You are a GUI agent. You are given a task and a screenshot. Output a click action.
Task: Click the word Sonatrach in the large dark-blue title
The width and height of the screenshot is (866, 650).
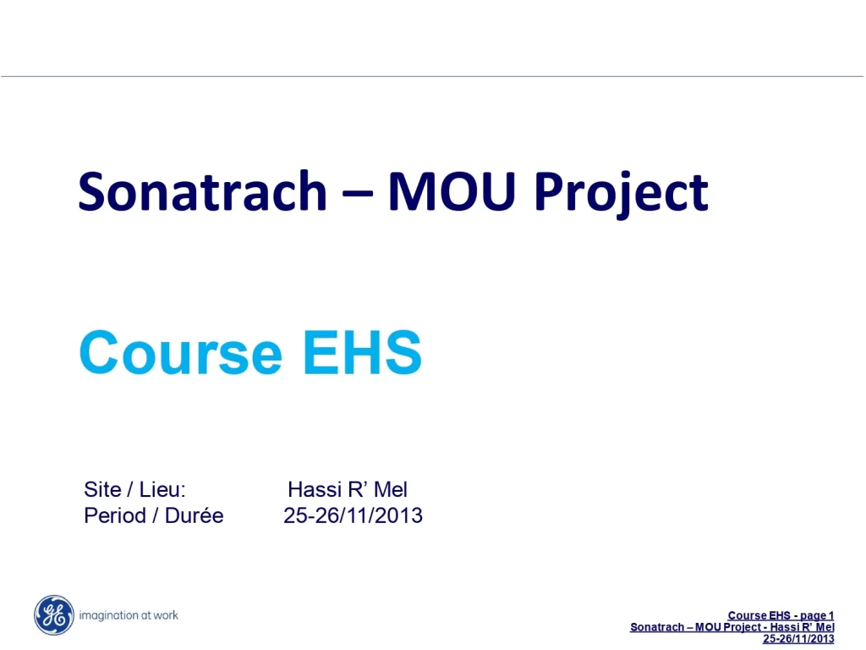203,191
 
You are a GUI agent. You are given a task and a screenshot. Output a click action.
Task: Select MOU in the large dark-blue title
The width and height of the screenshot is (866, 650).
452,191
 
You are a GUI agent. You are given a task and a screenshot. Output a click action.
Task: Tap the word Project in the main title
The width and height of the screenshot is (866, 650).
621,194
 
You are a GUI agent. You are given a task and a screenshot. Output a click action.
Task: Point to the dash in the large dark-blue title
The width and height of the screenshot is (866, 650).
358,195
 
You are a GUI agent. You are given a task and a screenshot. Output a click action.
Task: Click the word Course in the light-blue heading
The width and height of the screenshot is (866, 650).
181,352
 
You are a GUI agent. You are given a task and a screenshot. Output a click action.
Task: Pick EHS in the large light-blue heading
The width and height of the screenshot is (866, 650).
362,352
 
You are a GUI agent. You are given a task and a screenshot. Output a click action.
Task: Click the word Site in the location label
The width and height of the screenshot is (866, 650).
102,489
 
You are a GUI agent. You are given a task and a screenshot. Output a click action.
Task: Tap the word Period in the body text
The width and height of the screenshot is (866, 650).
115,515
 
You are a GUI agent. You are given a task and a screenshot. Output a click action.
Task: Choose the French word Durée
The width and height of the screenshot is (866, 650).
194,515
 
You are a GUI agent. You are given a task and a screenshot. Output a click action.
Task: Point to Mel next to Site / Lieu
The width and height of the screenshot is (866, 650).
391,489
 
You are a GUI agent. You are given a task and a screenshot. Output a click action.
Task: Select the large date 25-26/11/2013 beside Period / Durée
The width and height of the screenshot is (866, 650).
353,515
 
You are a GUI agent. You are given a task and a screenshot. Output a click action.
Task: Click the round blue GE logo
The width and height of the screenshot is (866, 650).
53,615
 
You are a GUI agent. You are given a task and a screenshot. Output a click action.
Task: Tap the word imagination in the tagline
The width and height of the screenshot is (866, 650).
108,615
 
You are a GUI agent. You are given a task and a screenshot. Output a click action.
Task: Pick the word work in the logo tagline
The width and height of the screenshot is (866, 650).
166,614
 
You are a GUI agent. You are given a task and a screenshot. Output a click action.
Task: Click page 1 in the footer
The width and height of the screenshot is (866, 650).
817,616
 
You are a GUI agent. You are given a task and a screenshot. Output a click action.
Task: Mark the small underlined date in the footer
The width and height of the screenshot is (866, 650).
798,638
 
